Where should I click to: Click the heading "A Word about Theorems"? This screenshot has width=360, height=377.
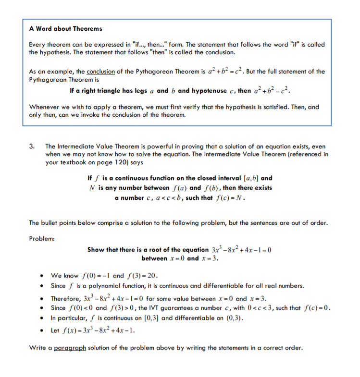coord(66,29)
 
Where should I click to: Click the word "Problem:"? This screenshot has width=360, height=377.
coord(42,238)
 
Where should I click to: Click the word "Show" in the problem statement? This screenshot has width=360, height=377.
coord(97,250)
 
